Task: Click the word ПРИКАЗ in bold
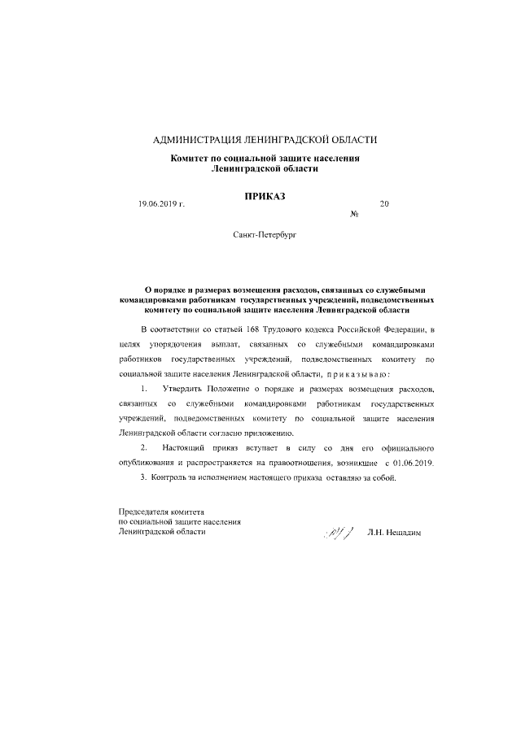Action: tap(265, 196)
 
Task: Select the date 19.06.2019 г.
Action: tap(162, 204)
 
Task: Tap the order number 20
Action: tap(384, 204)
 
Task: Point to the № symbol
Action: tap(354, 215)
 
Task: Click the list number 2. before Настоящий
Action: tap(145, 448)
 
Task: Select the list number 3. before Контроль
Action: tap(144, 477)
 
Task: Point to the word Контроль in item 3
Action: tap(171, 477)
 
